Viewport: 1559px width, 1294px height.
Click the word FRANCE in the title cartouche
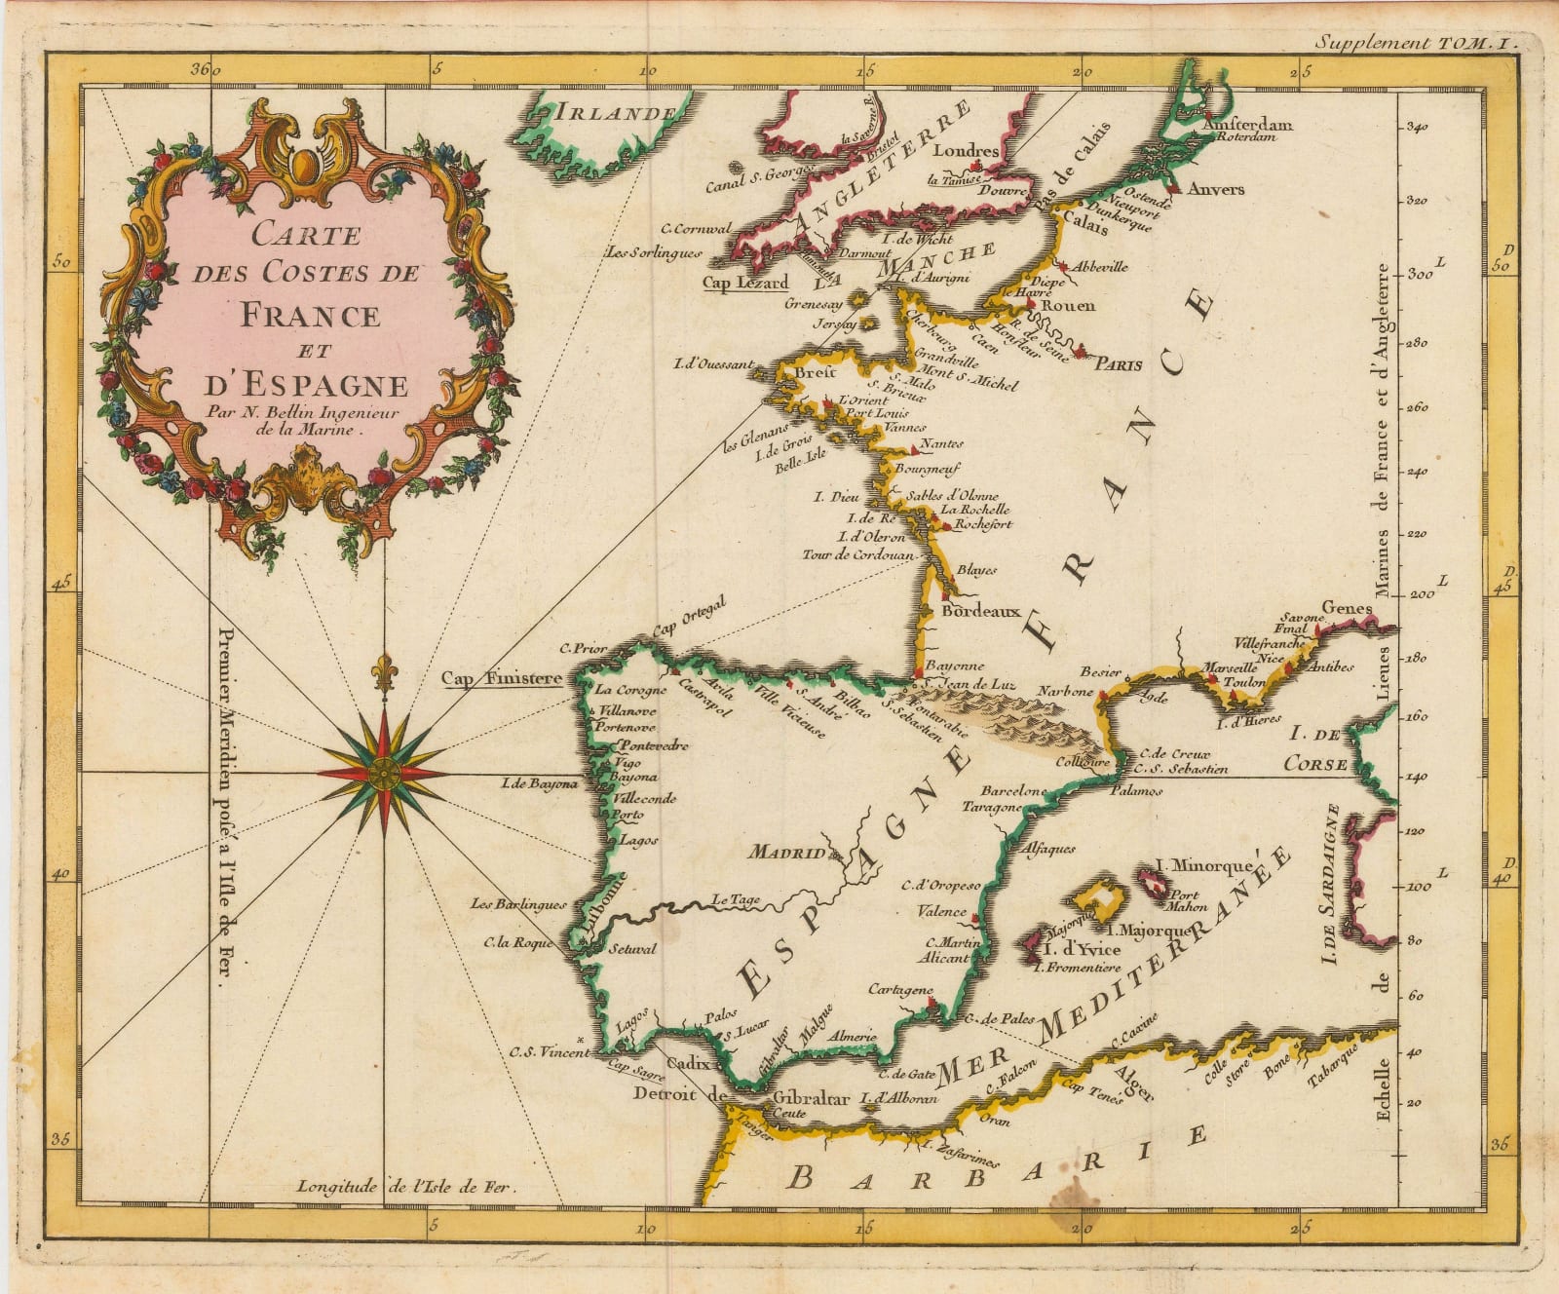(310, 315)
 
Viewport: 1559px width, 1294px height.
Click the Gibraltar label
(810, 1098)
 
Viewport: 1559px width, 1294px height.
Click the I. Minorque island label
(1202, 864)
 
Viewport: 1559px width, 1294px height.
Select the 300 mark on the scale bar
(1418, 276)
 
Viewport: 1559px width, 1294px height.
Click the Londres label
(966, 151)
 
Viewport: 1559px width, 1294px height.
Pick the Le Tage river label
(736, 899)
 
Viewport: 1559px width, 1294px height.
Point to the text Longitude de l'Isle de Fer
(404, 1187)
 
